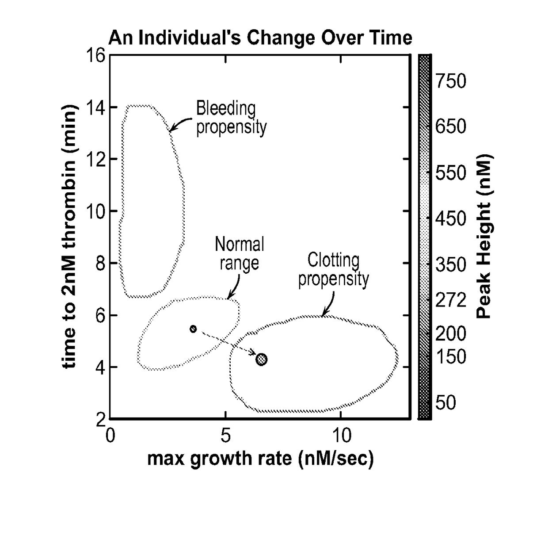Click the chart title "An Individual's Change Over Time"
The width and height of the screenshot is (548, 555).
tap(260, 38)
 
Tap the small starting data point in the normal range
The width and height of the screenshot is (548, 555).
tap(193, 329)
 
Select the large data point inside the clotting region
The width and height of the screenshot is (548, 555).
tap(261, 360)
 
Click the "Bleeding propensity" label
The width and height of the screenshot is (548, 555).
tap(232, 118)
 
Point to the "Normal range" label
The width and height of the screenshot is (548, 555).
tap(240, 254)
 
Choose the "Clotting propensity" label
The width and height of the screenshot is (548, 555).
tap(334, 270)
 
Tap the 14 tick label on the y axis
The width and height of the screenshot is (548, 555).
tap(96, 107)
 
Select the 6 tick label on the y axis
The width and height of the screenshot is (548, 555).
tap(101, 315)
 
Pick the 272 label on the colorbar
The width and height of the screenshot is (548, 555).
tap(451, 300)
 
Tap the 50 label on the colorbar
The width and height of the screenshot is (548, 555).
tap(446, 402)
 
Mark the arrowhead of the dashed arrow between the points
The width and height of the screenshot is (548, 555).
tap(253, 352)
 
